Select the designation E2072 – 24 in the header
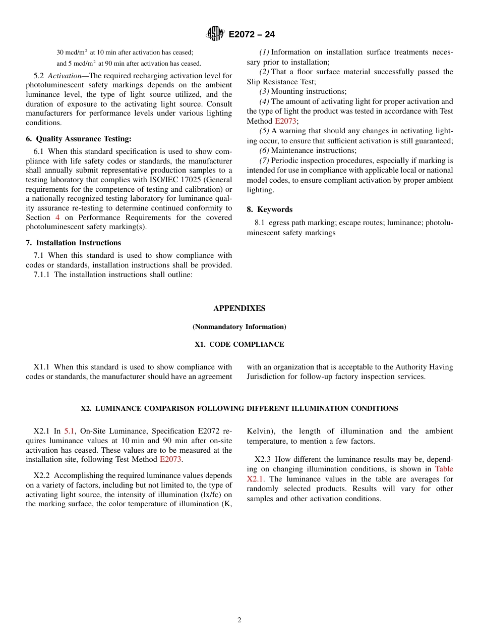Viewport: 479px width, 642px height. click(252, 34)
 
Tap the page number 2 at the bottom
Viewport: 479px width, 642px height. click(239, 620)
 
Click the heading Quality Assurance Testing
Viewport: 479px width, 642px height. click(83, 139)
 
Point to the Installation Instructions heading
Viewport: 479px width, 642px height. click(78, 243)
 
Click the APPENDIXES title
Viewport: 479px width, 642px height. click(239, 308)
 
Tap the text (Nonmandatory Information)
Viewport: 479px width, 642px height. click(239, 327)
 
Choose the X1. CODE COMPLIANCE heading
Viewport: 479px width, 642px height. click(239, 345)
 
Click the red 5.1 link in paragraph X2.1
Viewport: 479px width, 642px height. click(69, 431)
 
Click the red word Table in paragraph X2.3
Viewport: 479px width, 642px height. click(444, 469)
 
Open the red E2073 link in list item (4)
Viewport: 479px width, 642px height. click(285, 121)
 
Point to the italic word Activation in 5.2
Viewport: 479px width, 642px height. click(64, 75)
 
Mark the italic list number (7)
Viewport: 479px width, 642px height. click(264, 161)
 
